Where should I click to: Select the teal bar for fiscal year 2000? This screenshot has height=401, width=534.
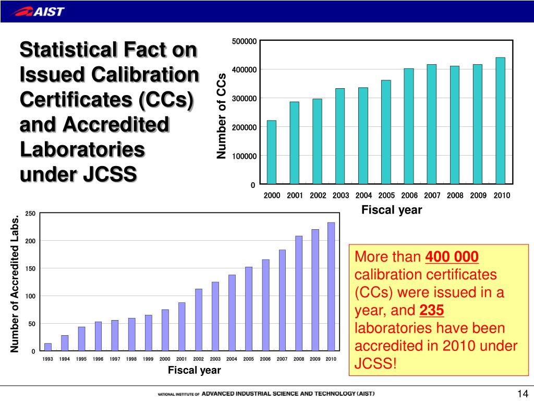pos(272,152)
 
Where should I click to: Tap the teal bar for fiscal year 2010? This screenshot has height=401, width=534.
pos(500,121)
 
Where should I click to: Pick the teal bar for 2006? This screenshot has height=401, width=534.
pos(409,126)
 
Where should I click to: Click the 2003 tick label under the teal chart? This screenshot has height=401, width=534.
pos(341,195)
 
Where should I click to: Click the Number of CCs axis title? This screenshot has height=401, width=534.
pos(222,116)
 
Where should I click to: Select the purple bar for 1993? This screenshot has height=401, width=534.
pos(48,347)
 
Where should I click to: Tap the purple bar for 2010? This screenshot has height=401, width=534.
pos(331,287)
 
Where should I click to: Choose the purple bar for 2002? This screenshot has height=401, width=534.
pos(198,320)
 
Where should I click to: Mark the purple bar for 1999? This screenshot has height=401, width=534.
pos(149,333)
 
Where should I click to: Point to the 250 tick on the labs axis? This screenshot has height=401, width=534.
pos(30,213)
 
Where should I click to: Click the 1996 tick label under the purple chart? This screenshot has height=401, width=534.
pos(98,359)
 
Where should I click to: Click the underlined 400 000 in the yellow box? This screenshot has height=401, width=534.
pos(452,257)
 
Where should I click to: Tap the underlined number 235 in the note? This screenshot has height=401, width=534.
pos(431,311)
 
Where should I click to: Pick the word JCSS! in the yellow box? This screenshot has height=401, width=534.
pos(375,363)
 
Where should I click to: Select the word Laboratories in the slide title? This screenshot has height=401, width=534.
pos(82,150)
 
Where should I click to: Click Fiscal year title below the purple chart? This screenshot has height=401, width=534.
pos(194,370)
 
